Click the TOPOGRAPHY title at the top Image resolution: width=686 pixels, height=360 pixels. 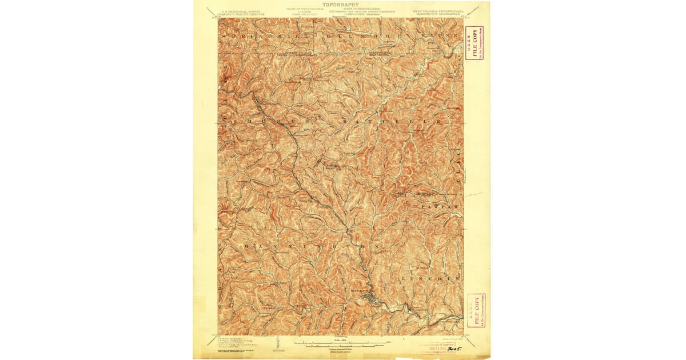341,5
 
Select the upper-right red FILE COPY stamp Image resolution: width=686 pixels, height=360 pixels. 472,42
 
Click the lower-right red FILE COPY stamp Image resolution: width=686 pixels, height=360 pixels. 474,311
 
